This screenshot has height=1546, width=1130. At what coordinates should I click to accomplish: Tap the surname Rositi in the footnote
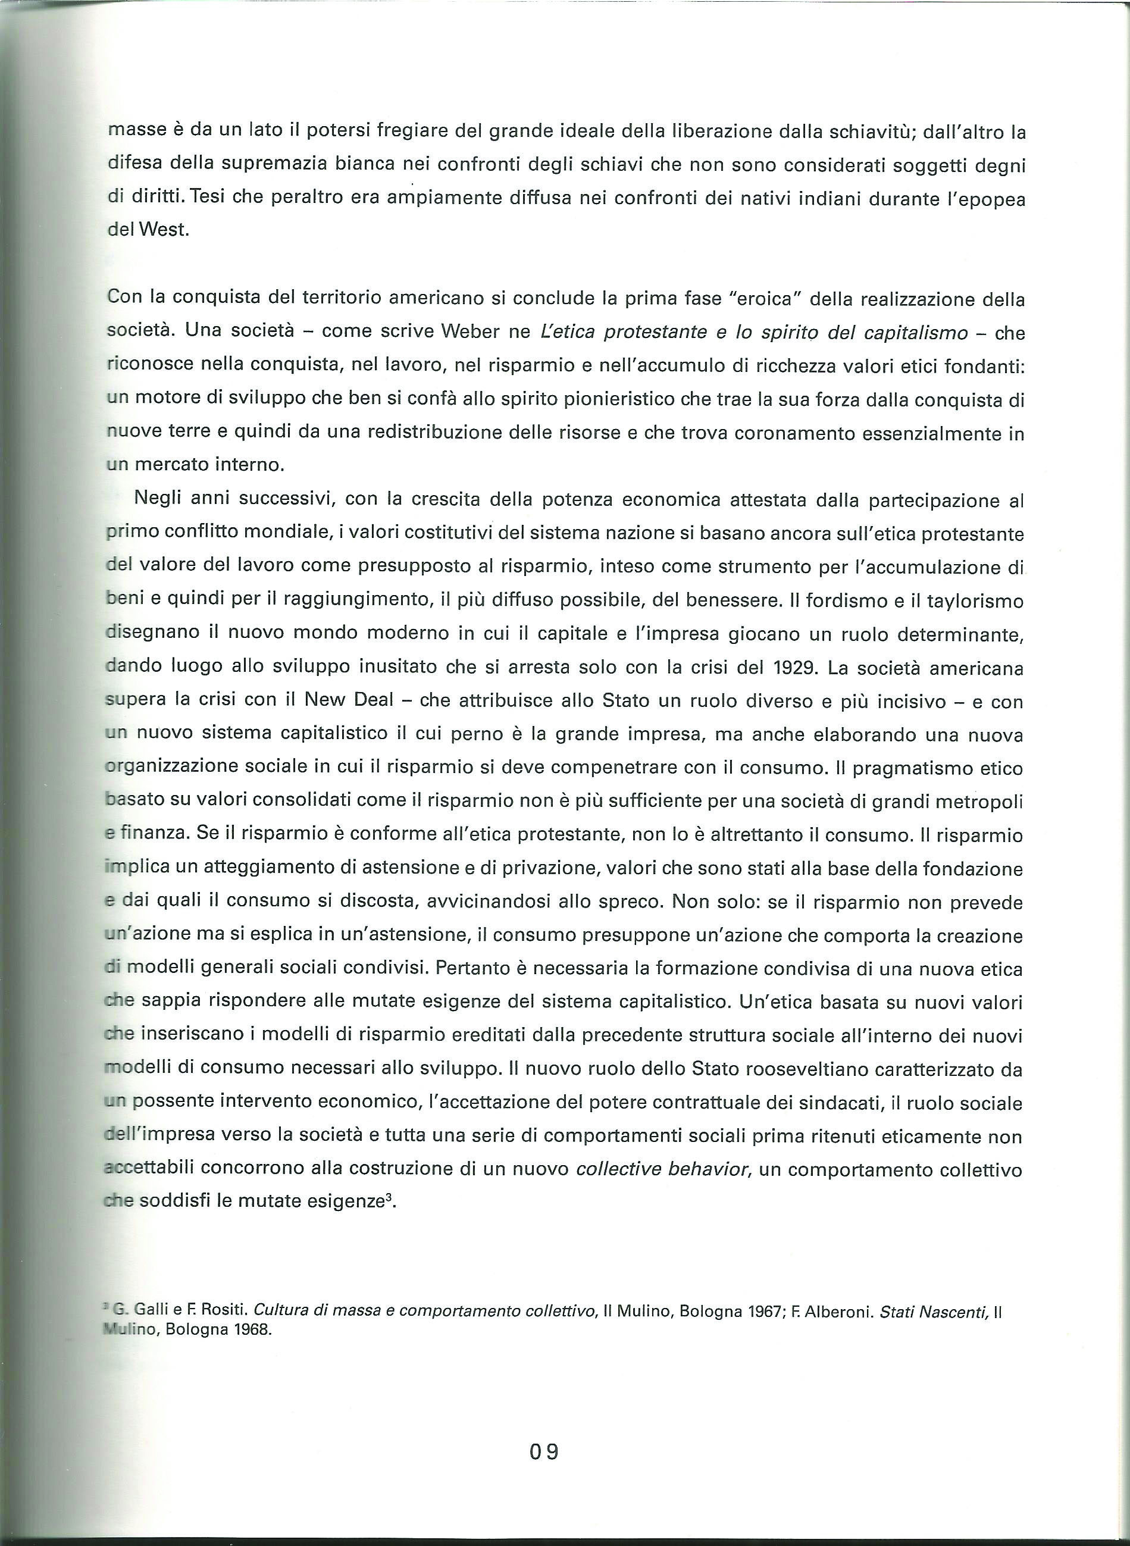(223, 1311)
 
